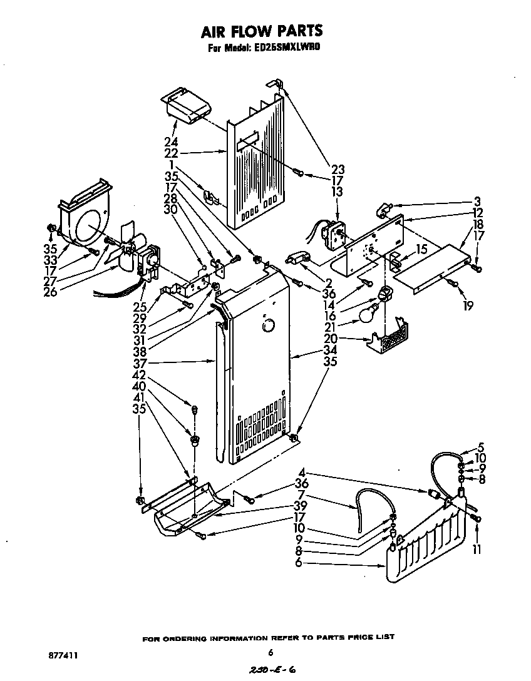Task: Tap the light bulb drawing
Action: [368, 313]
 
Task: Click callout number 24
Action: [171, 141]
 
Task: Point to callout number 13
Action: [338, 192]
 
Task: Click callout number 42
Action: [139, 376]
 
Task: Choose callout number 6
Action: [299, 563]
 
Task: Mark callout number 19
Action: [468, 305]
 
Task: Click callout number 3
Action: [478, 202]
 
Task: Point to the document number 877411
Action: [63, 655]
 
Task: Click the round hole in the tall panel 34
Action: [268, 326]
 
